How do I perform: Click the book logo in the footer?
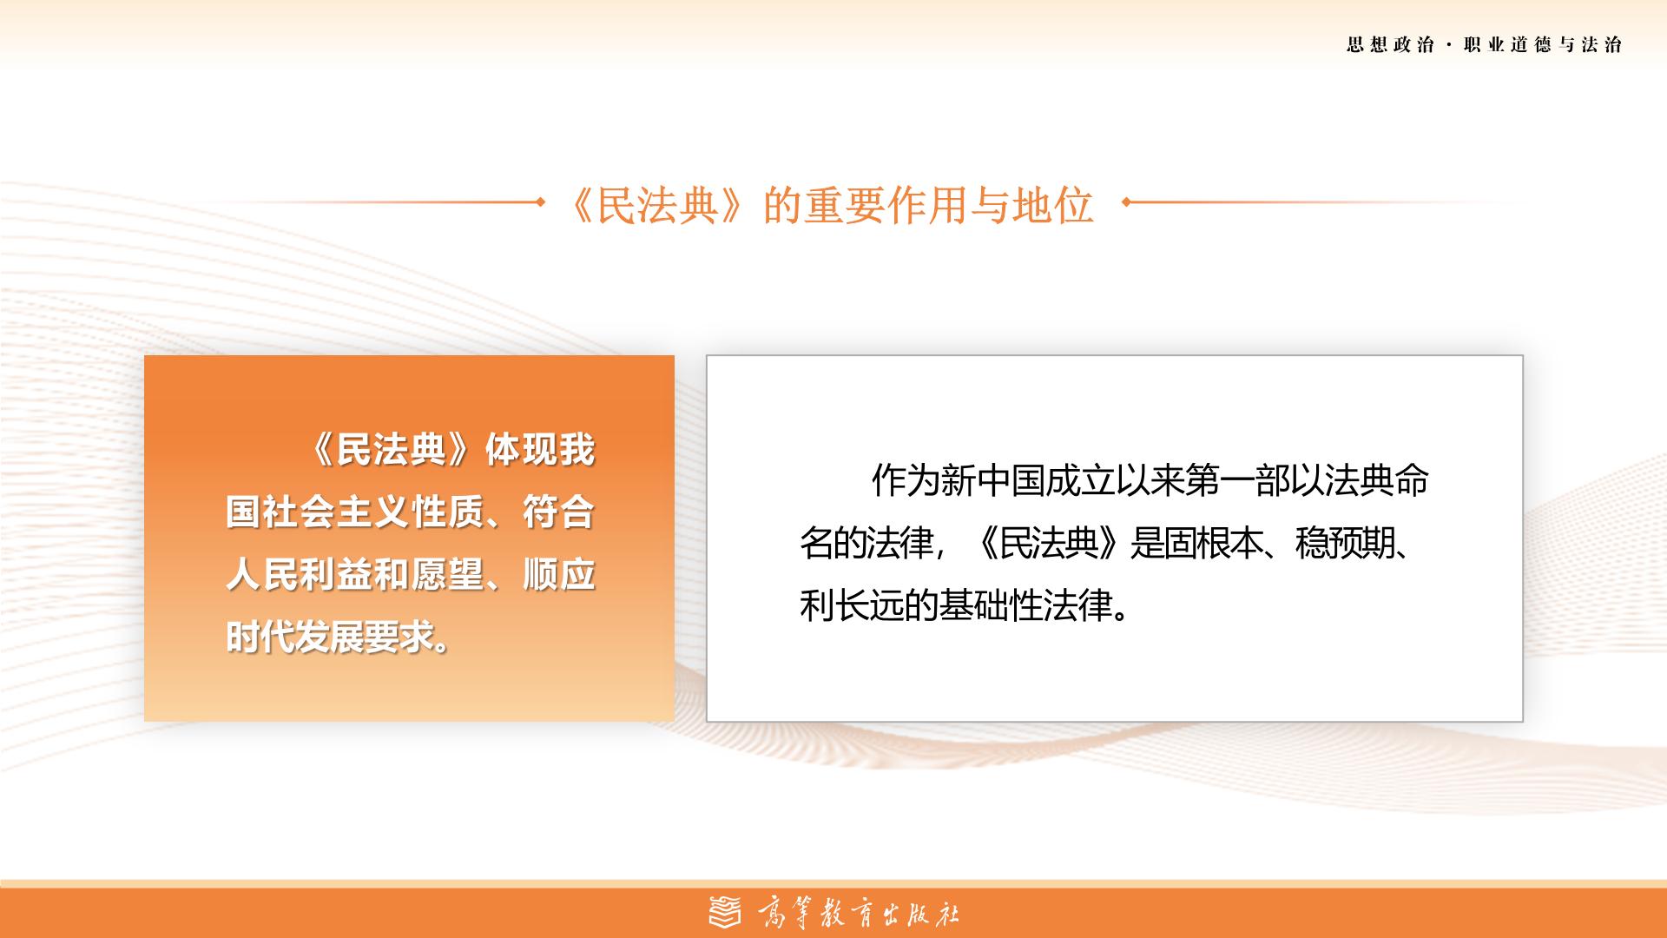coord(726,912)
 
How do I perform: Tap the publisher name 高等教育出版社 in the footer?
coord(859,913)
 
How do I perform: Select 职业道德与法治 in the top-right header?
coord(1543,45)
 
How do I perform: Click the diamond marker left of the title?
coord(540,202)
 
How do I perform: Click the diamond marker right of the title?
coord(1126,202)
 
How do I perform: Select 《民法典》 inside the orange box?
coord(392,450)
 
